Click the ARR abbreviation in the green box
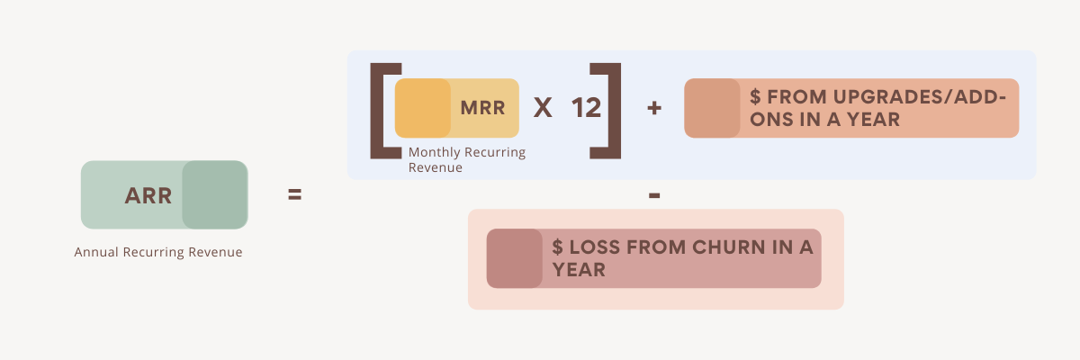click(148, 195)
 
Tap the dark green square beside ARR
click(214, 194)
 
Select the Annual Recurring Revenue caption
click(158, 253)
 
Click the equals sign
click(294, 194)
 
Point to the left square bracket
click(382, 110)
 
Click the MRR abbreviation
click(482, 108)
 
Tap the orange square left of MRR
click(422, 108)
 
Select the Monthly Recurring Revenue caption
click(466, 159)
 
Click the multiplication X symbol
click(543, 108)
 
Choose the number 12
click(586, 108)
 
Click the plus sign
click(654, 108)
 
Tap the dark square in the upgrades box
click(711, 108)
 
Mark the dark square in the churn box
click(514, 258)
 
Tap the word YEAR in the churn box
click(579, 269)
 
